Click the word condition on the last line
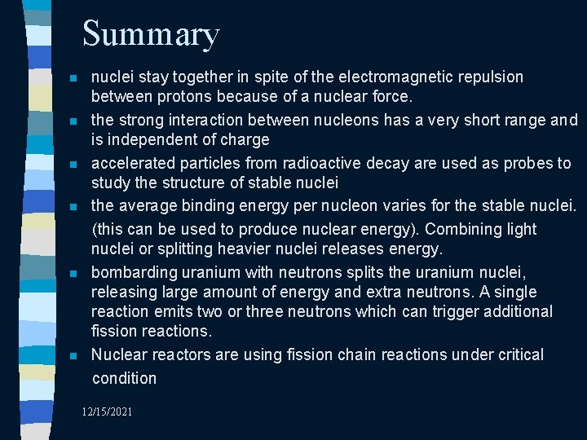tap(124, 378)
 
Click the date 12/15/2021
tap(107, 411)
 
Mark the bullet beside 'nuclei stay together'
tap(73, 79)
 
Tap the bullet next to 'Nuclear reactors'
tap(73, 356)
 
